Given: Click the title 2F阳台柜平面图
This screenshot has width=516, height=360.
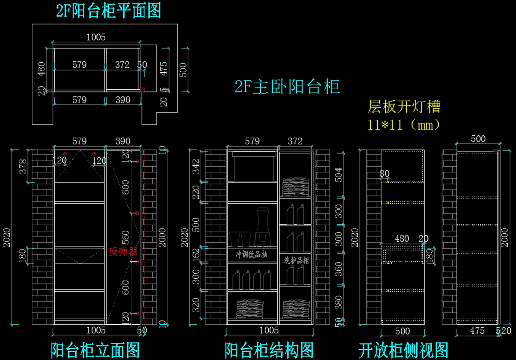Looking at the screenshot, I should [x=108, y=11].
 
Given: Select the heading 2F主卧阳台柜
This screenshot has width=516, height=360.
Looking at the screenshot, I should [x=287, y=87].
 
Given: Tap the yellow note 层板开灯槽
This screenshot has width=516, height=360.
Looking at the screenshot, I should [x=404, y=106].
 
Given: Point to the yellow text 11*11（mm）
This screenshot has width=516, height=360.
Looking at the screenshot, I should [x=404, y=125].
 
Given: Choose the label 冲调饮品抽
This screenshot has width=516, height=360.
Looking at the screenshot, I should [x=252, y=254].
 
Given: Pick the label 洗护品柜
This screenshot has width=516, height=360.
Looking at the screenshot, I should [x=297, y=260].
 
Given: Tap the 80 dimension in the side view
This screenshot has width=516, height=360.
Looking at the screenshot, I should [x=384, y=174].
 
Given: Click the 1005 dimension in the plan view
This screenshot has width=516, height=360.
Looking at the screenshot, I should [x=95, y=37].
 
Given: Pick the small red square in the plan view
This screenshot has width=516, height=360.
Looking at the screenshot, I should [x=142, y=90].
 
